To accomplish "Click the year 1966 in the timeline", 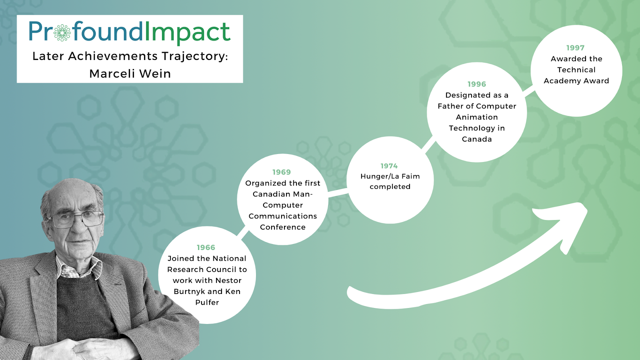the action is [x=206, y=248].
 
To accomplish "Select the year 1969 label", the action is [x=282, y=172].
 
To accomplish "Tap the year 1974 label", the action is [x=389, y=166].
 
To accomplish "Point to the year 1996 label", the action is [x=476, y=84].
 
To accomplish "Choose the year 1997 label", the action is [x=576, y=48].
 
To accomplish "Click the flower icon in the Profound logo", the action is [x=62, y=33].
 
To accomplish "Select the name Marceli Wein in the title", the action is [x=130, y=74].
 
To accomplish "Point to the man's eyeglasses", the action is [x=77, y=220].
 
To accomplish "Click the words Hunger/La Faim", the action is [x=390, y=176].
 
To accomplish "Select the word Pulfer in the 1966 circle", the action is [x=207, y=302].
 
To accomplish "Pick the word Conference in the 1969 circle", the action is [x=282, y=227].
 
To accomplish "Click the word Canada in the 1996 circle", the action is [x=476, y=139].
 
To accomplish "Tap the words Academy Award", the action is [x=576, y=81].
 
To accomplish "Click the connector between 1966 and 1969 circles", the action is [x=243, y=232].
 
